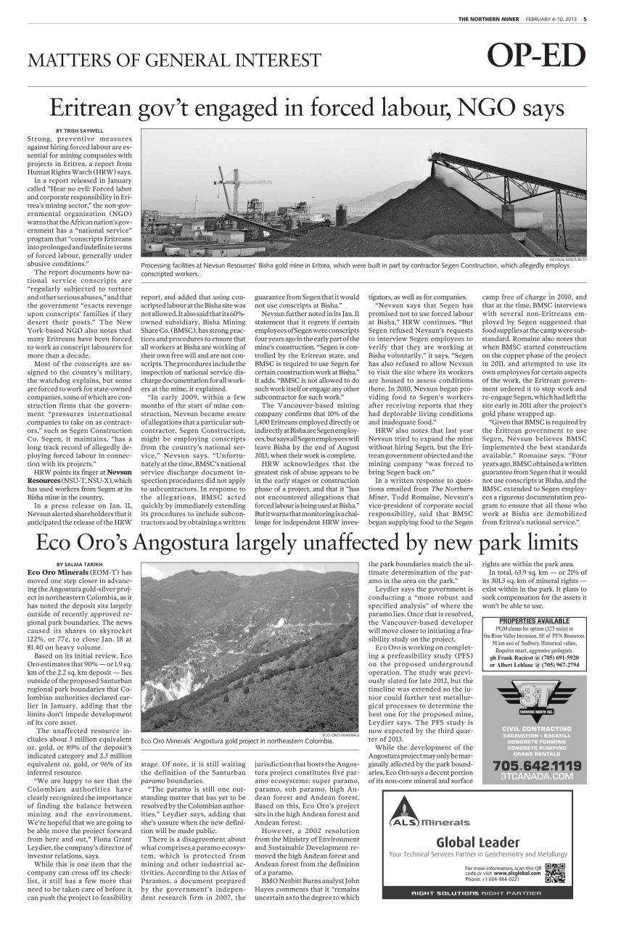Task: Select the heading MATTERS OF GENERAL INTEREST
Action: pyautogui.click(x=174, y=60)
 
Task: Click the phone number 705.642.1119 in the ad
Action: pyautogui.click(x=536, y=766)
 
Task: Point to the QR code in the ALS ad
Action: pyautogui.click(x=554, y=872)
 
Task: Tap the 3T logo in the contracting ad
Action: pyautogui.click(x=535, y=698)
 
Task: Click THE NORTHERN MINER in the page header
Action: pyautogui.click(x=489, y=19)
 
